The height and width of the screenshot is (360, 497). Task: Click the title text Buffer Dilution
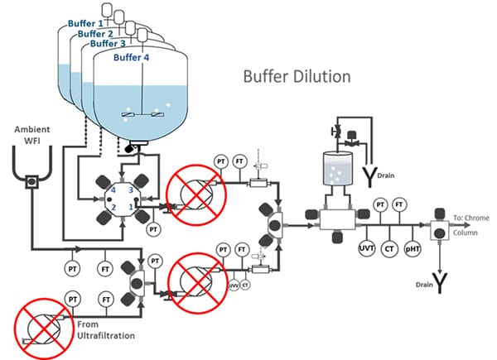click(297, 77)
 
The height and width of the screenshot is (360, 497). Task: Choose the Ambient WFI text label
click(31, 136)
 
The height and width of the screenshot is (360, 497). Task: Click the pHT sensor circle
click(411, 247)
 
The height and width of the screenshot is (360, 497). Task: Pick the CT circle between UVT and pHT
click(389, 247)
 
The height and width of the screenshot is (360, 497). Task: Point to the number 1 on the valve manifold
click(130, 205)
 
